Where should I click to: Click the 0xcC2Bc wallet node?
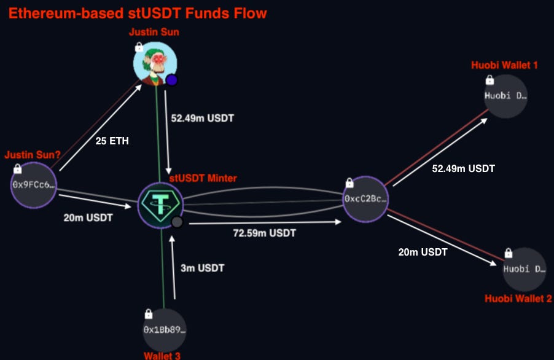(365, 199)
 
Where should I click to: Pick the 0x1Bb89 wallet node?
(164, 329)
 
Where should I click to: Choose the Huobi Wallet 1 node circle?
(505, 96)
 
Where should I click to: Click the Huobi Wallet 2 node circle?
(524, 269)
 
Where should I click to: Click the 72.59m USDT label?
(264, 233)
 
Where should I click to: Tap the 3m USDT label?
(203, 268)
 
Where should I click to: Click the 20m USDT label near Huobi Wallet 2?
(423, 252)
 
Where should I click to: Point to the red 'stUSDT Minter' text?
(203, 178)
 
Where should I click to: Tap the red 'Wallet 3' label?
(162, 355)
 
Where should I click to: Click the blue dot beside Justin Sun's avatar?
(172, 80)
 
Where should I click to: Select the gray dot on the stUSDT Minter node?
(177, 222)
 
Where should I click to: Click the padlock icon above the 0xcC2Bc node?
(349, 182)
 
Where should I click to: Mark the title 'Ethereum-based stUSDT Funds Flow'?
(137, 13)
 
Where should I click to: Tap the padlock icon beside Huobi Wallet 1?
(490, 79)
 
